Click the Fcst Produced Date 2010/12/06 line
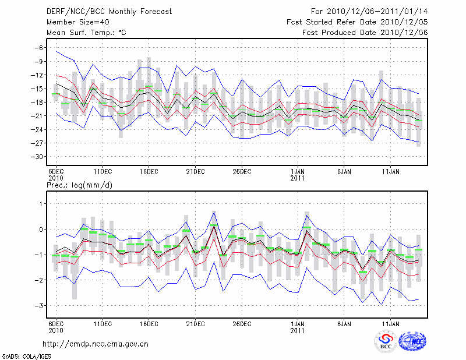point(365,33)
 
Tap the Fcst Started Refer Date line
point(357,22)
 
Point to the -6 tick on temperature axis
point(39,48)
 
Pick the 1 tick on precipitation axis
point(42,203)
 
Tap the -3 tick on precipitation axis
point(40,305)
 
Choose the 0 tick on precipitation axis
point(42,229)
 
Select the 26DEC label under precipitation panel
point(242,323)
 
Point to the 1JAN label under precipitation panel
point(298,323)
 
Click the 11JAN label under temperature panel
point(390,172)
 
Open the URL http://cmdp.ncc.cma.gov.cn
point(96,344)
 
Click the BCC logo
point(386,343)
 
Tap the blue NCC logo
point(412,343)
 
